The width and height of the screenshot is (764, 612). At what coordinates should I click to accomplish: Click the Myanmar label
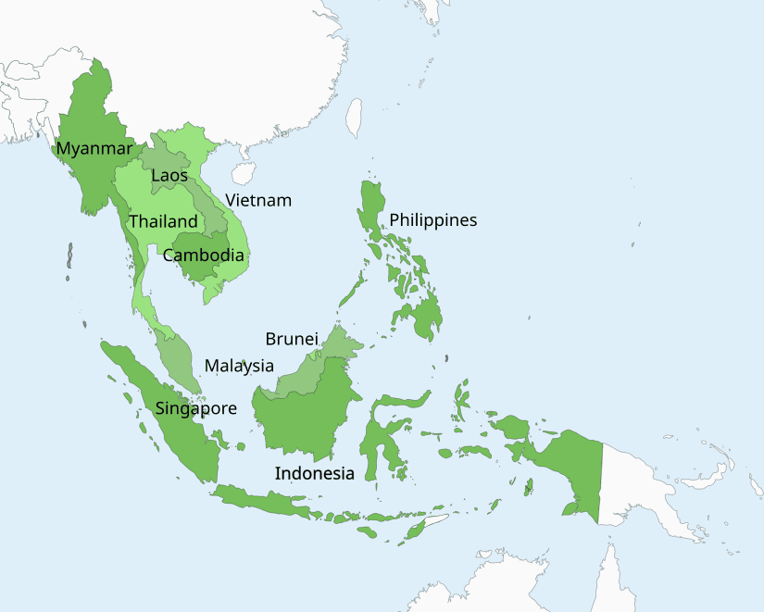click(94, 148)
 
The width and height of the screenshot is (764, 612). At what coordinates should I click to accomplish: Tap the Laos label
click(169, 175)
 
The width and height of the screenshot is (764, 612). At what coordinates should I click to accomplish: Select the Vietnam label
click(258, 200)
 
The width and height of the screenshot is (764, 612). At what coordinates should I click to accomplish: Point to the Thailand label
click(163, 221)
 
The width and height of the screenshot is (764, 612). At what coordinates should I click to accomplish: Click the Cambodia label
click(204, 256)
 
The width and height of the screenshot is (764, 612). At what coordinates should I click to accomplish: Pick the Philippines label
click(432, 219)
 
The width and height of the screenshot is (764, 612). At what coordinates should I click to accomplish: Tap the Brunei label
click(292, 339)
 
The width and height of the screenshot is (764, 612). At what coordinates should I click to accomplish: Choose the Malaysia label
click(239, 365)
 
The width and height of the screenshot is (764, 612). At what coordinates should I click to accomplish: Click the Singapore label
click(195, 408)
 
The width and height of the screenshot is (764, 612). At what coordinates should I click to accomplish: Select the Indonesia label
click(314, 473)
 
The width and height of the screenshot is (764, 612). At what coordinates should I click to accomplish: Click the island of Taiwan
click(354, 118)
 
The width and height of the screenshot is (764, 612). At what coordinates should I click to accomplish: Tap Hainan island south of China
click(244, 173)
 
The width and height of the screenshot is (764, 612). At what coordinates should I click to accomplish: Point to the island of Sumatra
click(167, 417)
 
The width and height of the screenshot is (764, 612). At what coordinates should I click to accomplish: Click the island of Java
click(269, 499)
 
